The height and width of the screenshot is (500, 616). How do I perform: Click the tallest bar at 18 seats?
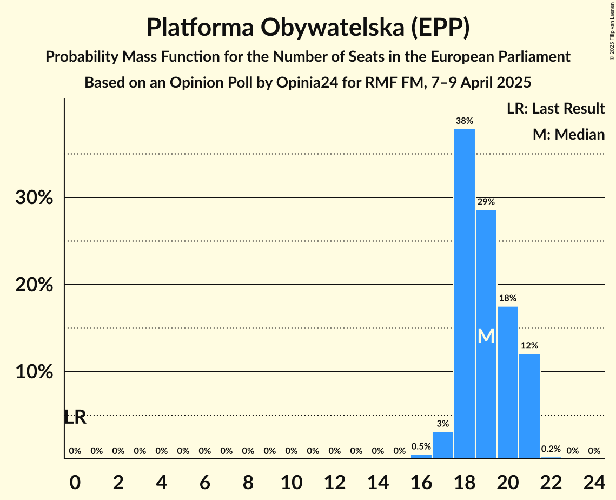(x=465, y=294)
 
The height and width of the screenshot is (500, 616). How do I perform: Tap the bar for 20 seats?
(x=508, y=383)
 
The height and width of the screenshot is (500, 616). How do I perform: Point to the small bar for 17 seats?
(x=443, y=445)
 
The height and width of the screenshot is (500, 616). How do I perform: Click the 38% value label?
(x=465, y=121)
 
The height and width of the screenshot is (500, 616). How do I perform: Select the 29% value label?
(x=486, y=202)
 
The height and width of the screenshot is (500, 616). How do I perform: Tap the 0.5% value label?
(x=421, y=447)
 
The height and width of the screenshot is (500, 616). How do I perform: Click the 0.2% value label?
(x=551, y=449)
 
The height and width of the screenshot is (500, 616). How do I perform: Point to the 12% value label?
(x=529, y=346)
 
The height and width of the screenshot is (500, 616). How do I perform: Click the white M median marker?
(x=486, y=337)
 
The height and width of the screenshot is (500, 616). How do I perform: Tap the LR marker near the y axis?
(x=75, y=417)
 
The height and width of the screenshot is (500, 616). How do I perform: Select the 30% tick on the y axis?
(x=34, y=198)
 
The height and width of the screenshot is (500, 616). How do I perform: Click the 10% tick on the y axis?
(x=34, y=372)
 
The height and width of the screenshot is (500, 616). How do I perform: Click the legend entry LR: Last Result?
(x=555, y=109)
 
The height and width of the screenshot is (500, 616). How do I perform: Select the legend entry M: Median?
(x=568, y=134)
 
